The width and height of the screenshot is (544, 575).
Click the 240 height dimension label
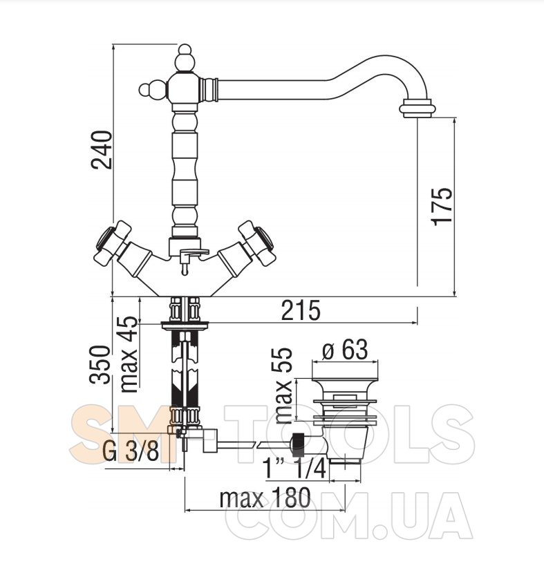pos(102,149)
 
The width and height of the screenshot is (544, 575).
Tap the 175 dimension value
pos(442,207)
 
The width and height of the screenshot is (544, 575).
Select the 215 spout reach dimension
pos(301,310)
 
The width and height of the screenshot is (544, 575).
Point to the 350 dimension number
pos(100,364)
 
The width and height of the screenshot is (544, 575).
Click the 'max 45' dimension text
pos(129,354)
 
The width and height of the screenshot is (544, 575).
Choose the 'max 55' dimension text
pos(283,386)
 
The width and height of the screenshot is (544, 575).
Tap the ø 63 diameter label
pos(345,350)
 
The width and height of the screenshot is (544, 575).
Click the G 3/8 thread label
pos(131,451)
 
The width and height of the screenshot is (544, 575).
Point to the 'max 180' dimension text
pos(265,498)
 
